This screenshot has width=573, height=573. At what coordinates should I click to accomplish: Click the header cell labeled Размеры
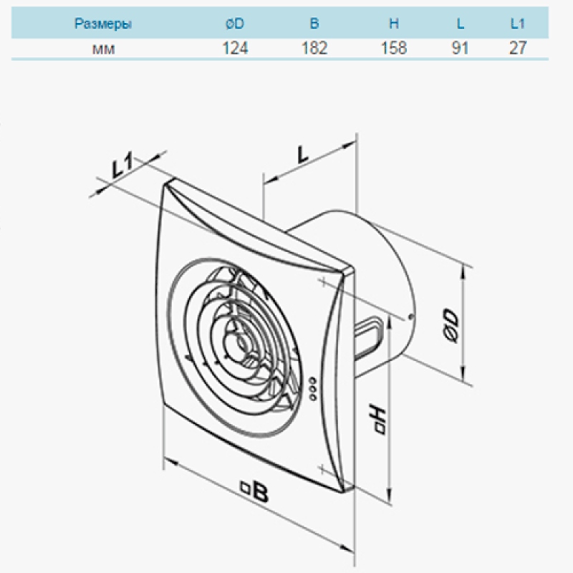[102, 24]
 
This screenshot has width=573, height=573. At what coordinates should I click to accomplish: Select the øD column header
[235, 24]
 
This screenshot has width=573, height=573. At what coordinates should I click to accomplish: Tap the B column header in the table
[314, 24]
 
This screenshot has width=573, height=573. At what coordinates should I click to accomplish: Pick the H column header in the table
[393, 24]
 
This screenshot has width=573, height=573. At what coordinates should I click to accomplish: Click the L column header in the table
[460, 24]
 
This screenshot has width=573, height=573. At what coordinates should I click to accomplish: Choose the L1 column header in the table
[517, 24]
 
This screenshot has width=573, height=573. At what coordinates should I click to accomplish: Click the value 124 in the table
[236, 48]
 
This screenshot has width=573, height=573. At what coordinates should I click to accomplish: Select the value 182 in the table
[314, 48]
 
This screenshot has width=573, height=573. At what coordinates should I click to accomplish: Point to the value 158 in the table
[394, 48]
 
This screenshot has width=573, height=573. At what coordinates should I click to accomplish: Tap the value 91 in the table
[460, 48]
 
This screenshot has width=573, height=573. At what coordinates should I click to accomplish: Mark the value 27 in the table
[518, 48]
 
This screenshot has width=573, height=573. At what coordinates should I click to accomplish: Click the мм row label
[103, 49]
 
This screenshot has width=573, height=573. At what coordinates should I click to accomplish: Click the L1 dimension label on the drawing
[122, 165]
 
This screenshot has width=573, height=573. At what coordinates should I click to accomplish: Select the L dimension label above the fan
[303, 155]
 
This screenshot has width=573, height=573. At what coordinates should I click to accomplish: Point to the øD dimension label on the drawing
[452, 327]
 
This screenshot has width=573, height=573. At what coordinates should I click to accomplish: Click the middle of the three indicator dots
[313, 389]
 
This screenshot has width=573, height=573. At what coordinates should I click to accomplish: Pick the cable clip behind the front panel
[370, 336]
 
